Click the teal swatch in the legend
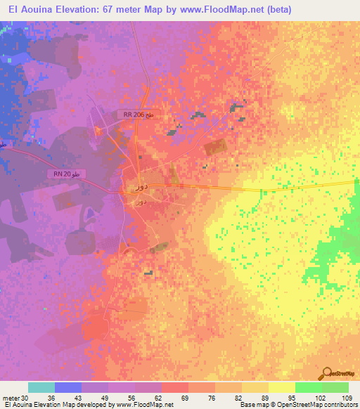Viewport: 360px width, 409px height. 41,387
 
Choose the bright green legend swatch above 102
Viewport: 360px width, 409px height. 308,387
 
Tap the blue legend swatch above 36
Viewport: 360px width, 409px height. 68,387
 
